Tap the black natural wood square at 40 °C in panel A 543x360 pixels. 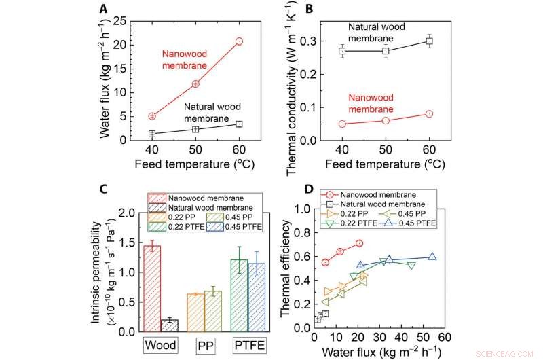click(x=152, y=134)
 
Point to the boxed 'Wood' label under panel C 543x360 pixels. click(x=160, y=345)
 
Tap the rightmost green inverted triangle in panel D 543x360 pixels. click(x=411, y=266)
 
